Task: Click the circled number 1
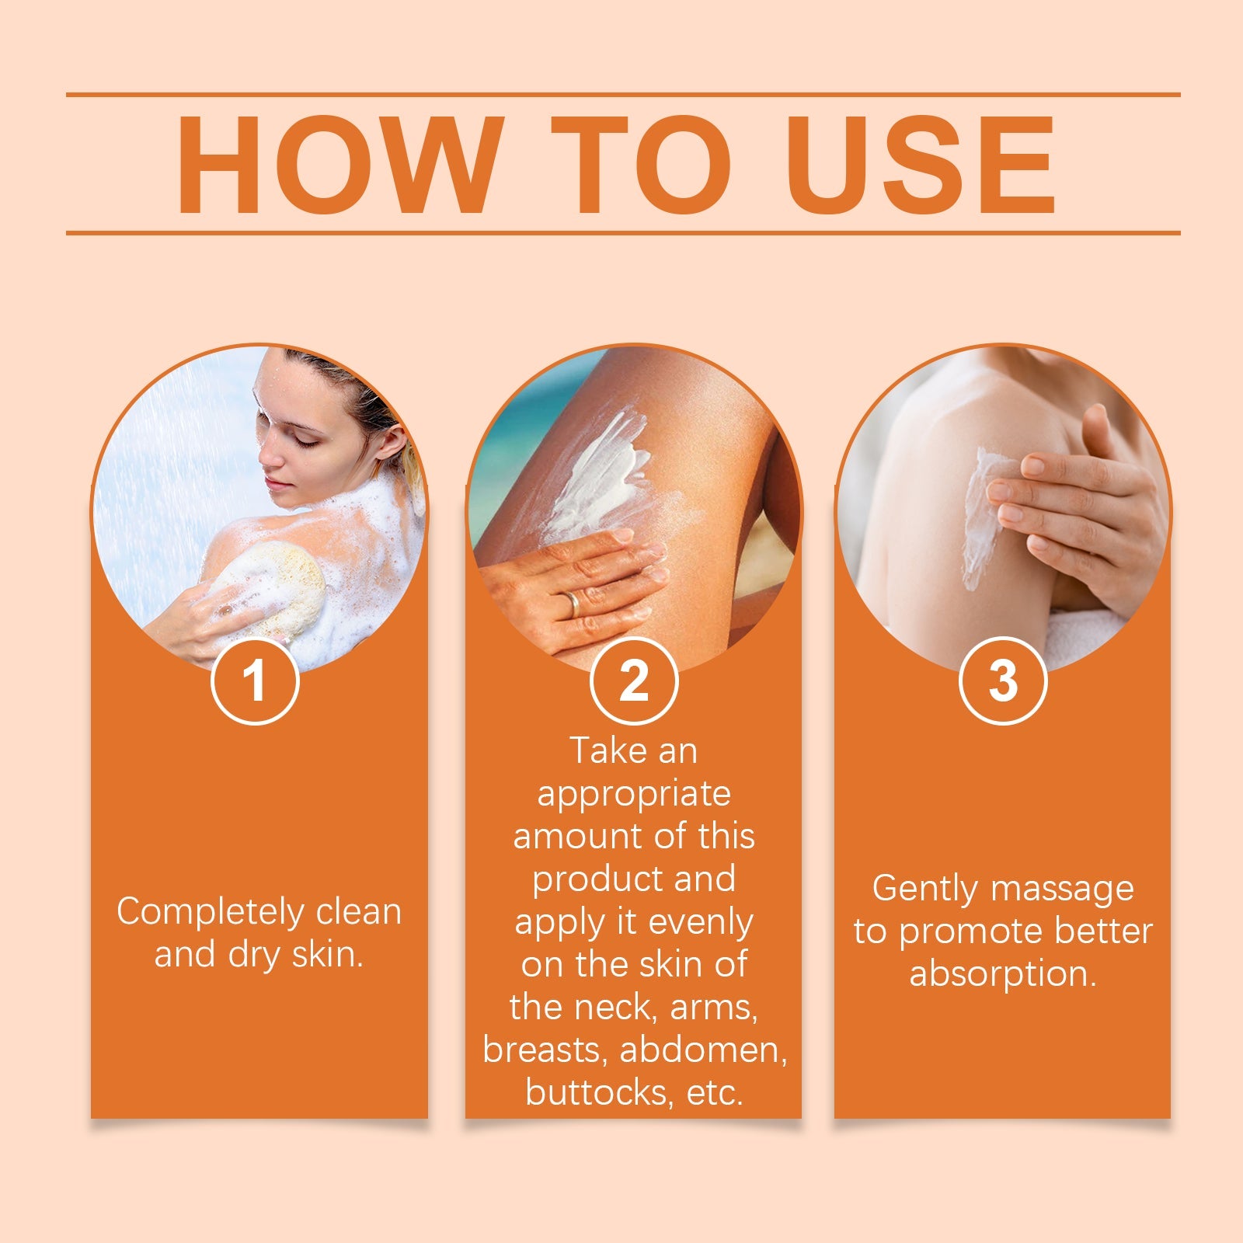pos(255,681)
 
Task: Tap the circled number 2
pos(634,681)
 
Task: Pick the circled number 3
pos(1003,681)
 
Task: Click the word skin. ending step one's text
pos(327,955)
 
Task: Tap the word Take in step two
pos(599,750)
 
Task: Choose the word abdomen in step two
pos(703,1050)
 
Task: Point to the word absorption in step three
pos(1002,974)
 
